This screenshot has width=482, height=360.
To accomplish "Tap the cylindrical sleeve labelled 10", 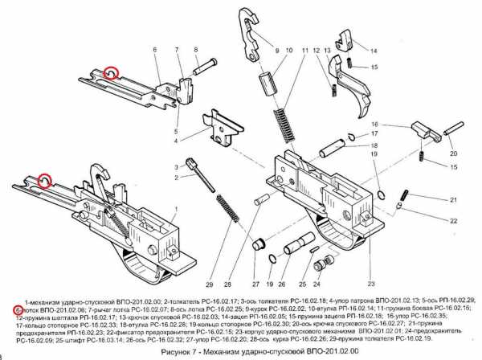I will tap(262, 84).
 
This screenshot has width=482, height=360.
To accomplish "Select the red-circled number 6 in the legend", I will tap(18, 309).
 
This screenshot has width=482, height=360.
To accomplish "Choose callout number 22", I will tap(453, 220).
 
